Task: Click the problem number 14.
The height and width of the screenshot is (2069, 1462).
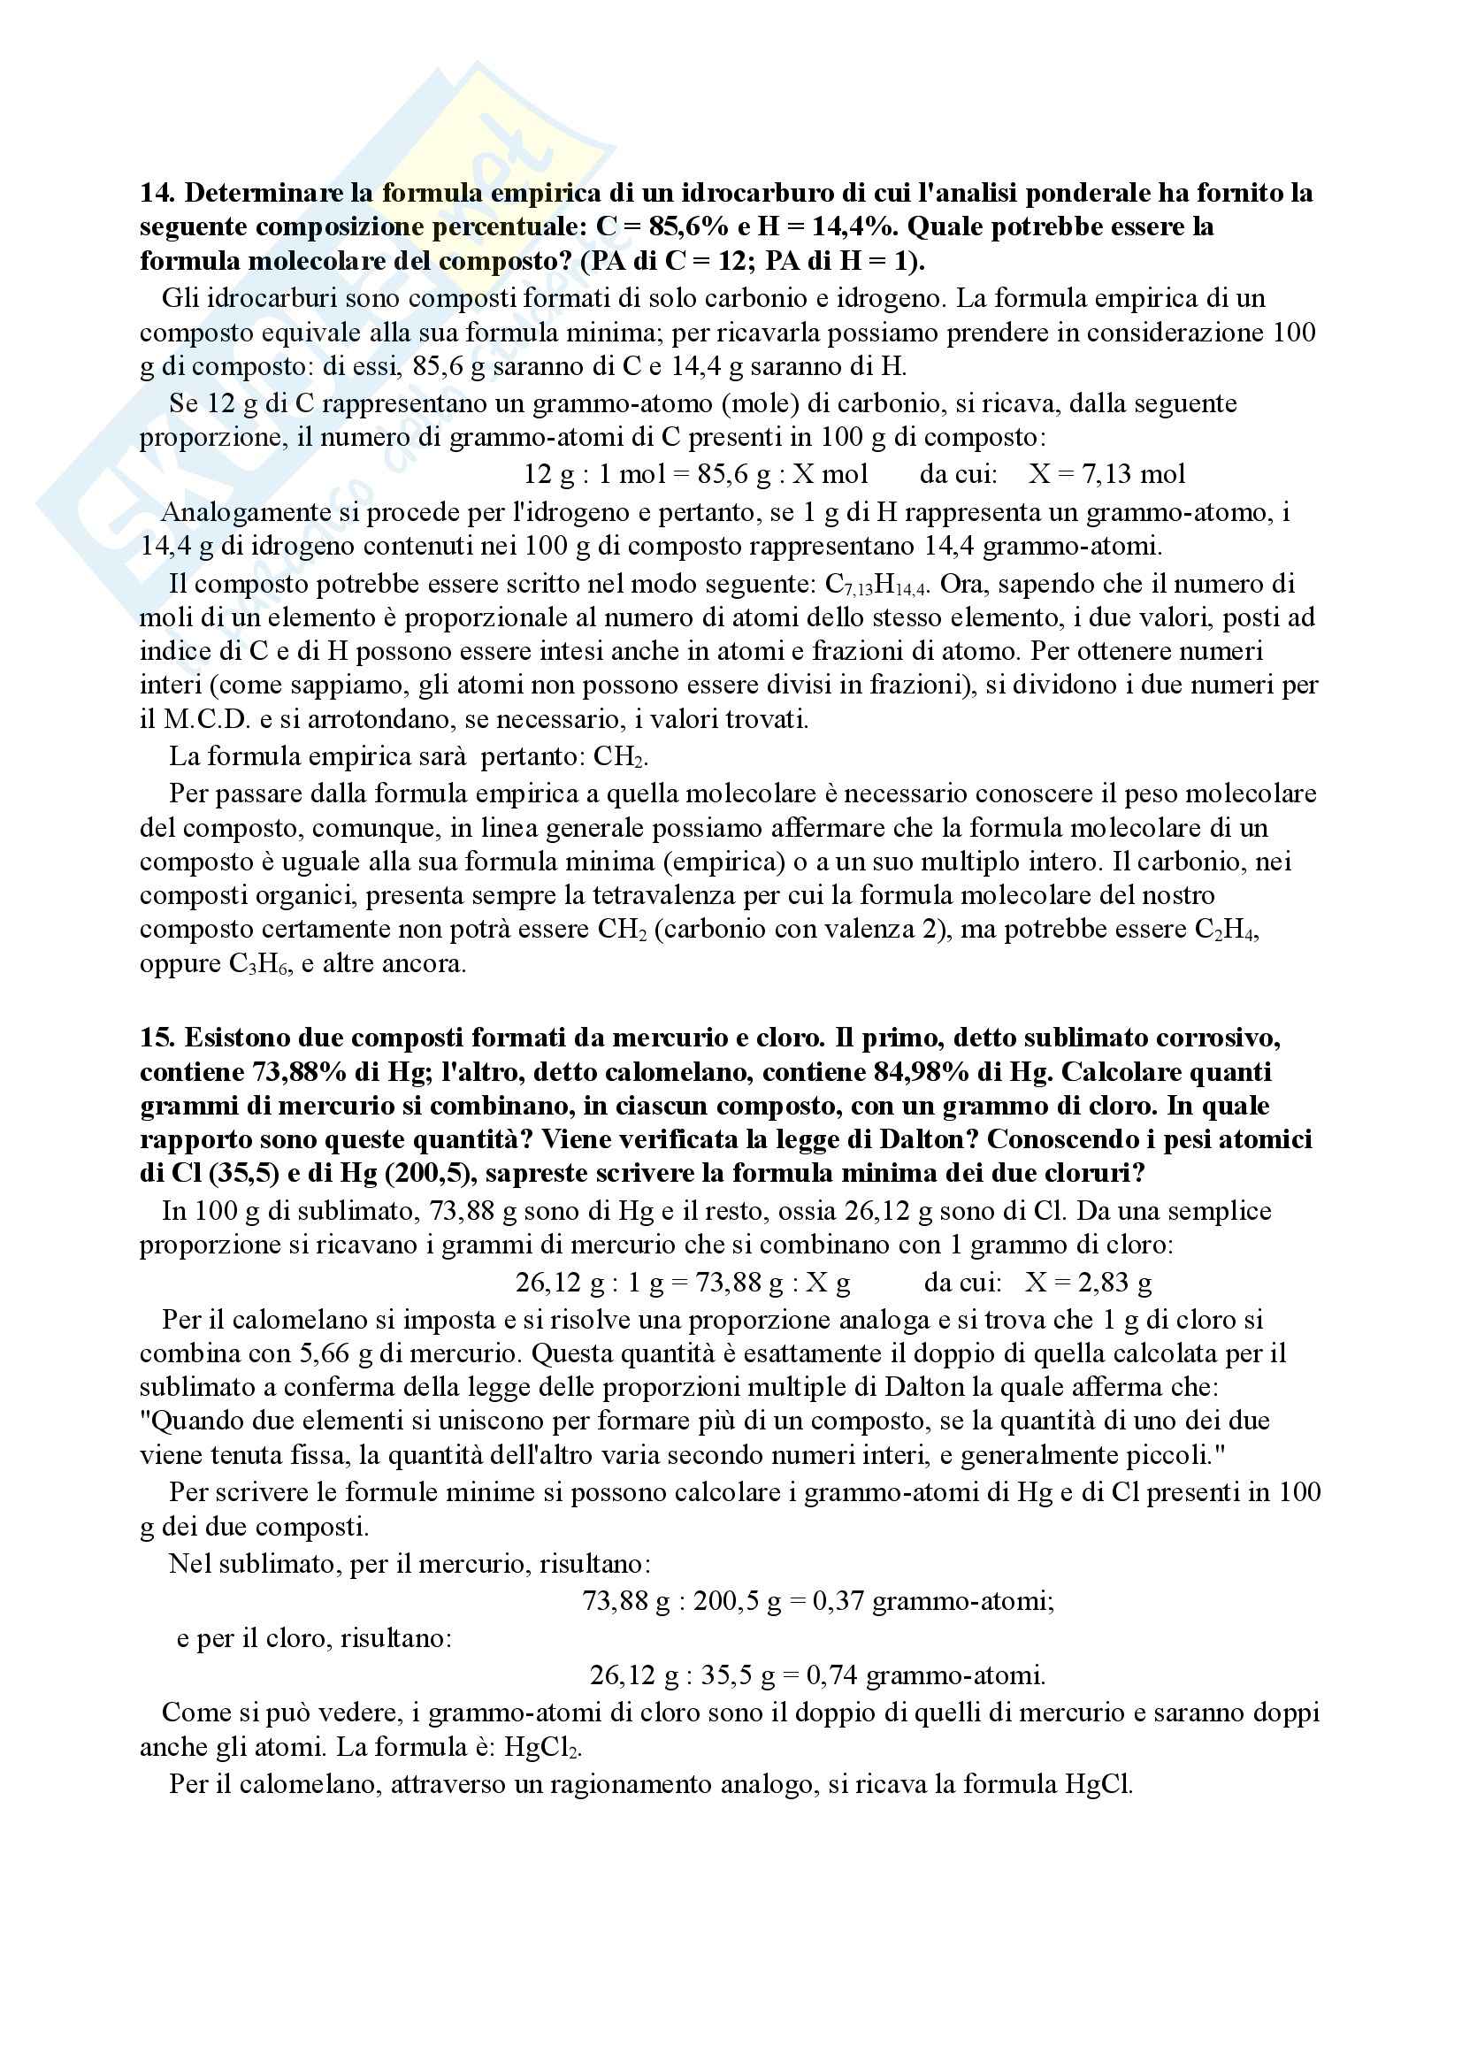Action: coord(157,193)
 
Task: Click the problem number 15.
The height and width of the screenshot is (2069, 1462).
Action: coord(157,1038)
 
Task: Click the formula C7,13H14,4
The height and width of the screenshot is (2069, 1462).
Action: coord(881,585)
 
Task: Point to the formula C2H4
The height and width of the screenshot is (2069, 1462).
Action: coord(1225,930)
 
